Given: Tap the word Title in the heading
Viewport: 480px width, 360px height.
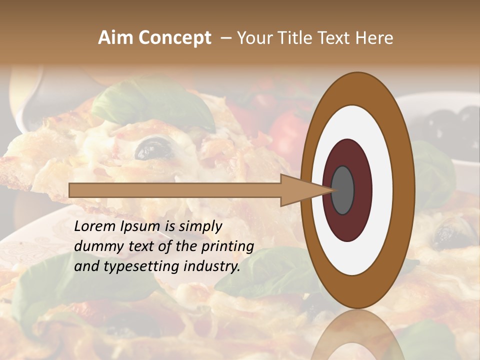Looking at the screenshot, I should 294,38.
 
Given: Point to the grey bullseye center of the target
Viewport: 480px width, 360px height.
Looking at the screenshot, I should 343,190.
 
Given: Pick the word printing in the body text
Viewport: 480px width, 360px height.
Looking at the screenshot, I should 229,246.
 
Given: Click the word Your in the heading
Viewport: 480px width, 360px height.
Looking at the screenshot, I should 253,38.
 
